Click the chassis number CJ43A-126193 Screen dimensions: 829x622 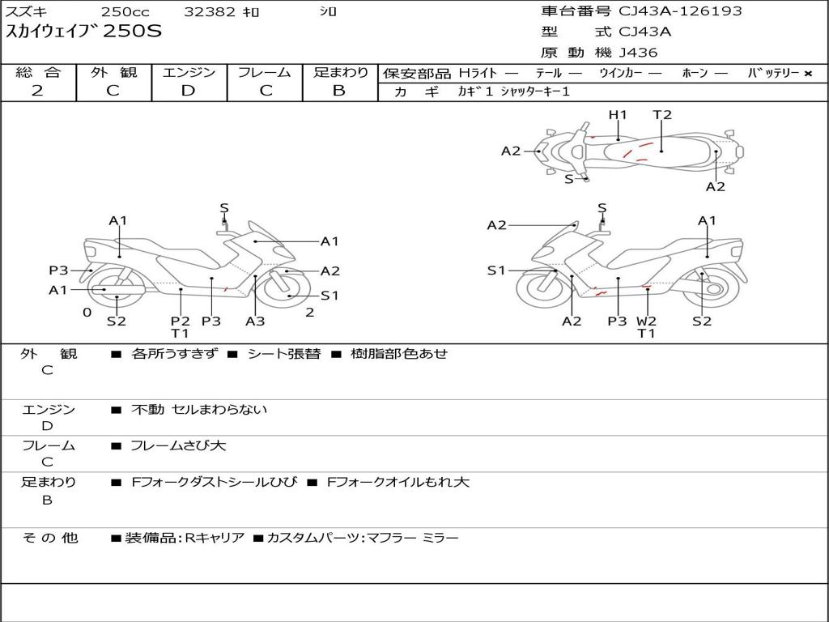(680, 11)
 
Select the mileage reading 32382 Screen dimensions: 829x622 (210, 12)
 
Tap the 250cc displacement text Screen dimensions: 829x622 (124, 12)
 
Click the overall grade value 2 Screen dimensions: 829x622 (37, 91)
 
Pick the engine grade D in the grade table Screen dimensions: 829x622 (189, 91)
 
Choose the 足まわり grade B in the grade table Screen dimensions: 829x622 (339, 91)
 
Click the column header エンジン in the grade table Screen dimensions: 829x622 (189, 73)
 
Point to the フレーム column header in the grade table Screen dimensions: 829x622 (265, 73)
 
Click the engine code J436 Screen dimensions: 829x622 (638, 53)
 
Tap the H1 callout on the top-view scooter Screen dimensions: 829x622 (618, 115)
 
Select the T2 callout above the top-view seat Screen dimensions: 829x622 (662, 115)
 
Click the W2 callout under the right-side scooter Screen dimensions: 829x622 (646, 321)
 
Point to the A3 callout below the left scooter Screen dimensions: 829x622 (255, 321)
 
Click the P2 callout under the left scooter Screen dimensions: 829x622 (180, 321)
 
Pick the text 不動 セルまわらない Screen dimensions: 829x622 (199, 410)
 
